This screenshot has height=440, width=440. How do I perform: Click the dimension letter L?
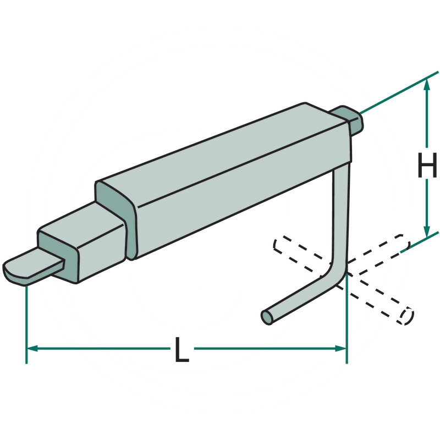click(x=182, y=349)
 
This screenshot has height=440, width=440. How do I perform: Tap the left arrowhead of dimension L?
click(x=32, y=349)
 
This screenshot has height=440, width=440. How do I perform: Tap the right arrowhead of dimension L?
click(x=341, y=349)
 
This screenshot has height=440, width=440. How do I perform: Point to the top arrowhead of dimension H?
click(x=427, y=84)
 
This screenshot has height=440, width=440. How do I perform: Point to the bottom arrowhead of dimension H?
click(x=427, y=232)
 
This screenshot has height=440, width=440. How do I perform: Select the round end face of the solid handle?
click(x=267, y=317)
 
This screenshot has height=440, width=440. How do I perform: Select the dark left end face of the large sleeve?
click(x=115, y=216)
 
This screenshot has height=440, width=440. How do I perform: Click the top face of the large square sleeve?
click(x=222, y=155)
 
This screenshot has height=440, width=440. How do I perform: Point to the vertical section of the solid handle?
click(x=341, y=213)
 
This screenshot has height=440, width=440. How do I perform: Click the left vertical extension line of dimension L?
click(x=26, y=324)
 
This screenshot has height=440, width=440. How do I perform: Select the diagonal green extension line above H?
click(x=399, y=92)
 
